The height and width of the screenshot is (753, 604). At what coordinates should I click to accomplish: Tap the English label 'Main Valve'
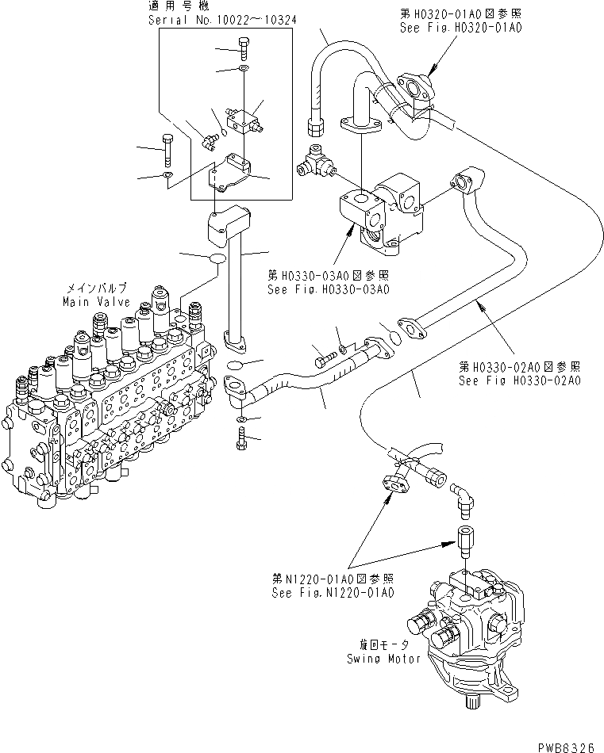(93, 302)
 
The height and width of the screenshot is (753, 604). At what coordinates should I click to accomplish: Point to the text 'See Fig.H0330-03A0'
(327, 289)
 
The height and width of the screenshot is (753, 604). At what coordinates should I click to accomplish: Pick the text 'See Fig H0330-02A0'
(521, 380)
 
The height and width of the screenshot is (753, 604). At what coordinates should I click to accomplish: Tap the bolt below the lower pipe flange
(240, 437)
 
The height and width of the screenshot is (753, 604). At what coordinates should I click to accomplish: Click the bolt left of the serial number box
(167, 146)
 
